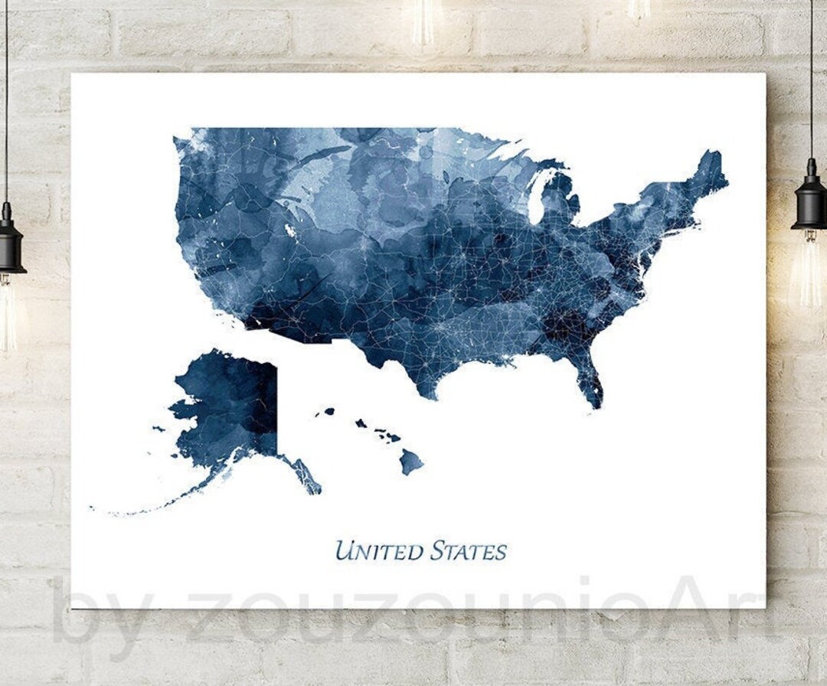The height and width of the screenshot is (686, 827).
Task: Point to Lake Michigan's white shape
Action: (x=541, y=198)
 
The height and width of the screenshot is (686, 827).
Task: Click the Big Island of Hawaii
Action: (x=411, y=462)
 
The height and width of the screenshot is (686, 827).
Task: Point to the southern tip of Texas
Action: (x=433, y=394)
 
